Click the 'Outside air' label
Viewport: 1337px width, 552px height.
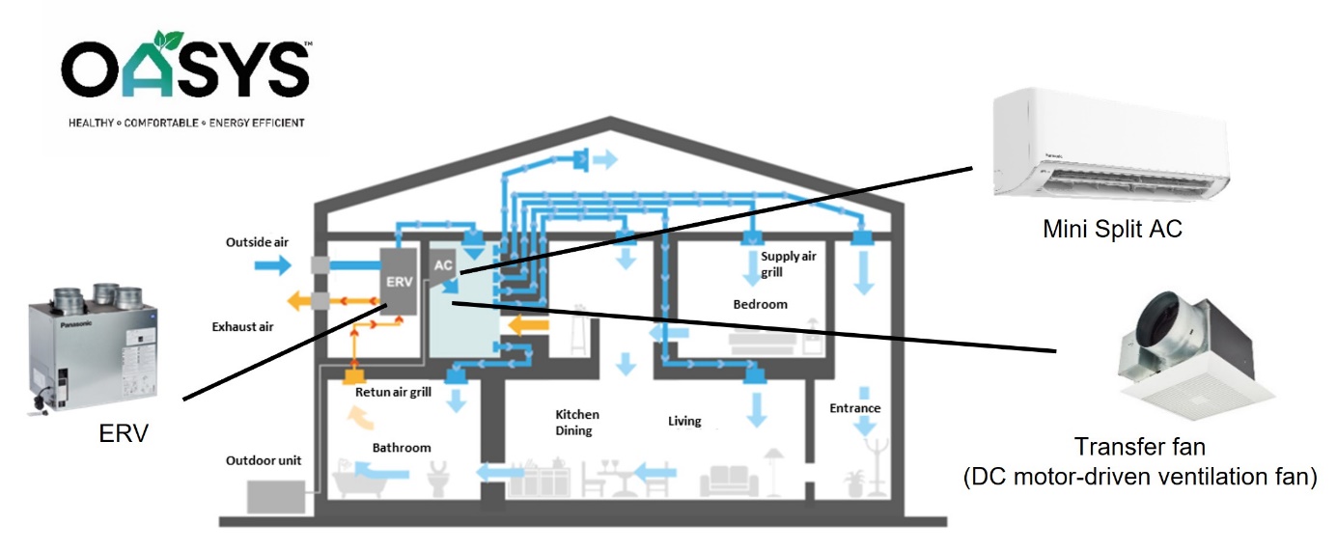257,241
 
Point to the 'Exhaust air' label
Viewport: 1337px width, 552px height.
242,326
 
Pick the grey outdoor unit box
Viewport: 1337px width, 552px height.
276,496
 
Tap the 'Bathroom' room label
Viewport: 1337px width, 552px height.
402,448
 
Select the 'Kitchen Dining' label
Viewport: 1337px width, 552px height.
573,423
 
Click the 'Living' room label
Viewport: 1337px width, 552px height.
684,422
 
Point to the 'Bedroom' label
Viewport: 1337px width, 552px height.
760,304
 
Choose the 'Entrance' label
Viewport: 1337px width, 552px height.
854,408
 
